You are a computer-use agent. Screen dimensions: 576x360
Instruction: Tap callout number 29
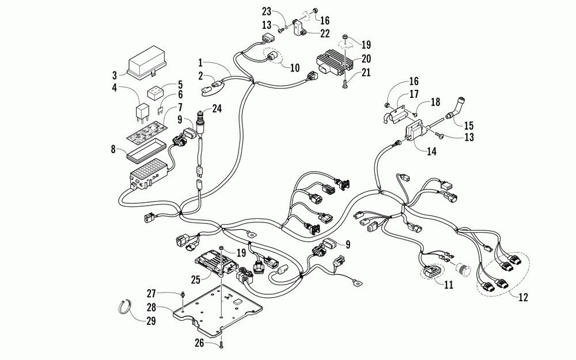(151, 321)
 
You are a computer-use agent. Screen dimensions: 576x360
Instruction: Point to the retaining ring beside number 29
(126, 307)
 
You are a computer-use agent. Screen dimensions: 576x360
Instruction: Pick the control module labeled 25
(216, 261)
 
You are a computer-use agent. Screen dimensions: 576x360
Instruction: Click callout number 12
(523, 297)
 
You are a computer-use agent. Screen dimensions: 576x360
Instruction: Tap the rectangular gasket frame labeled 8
(145, 154)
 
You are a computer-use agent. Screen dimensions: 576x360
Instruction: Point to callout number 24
(217, 109)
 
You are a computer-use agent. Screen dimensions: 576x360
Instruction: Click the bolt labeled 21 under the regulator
(346, 84)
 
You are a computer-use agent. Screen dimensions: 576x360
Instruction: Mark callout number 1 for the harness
(200, 62)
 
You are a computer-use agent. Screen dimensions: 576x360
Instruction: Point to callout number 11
(449, 285)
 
